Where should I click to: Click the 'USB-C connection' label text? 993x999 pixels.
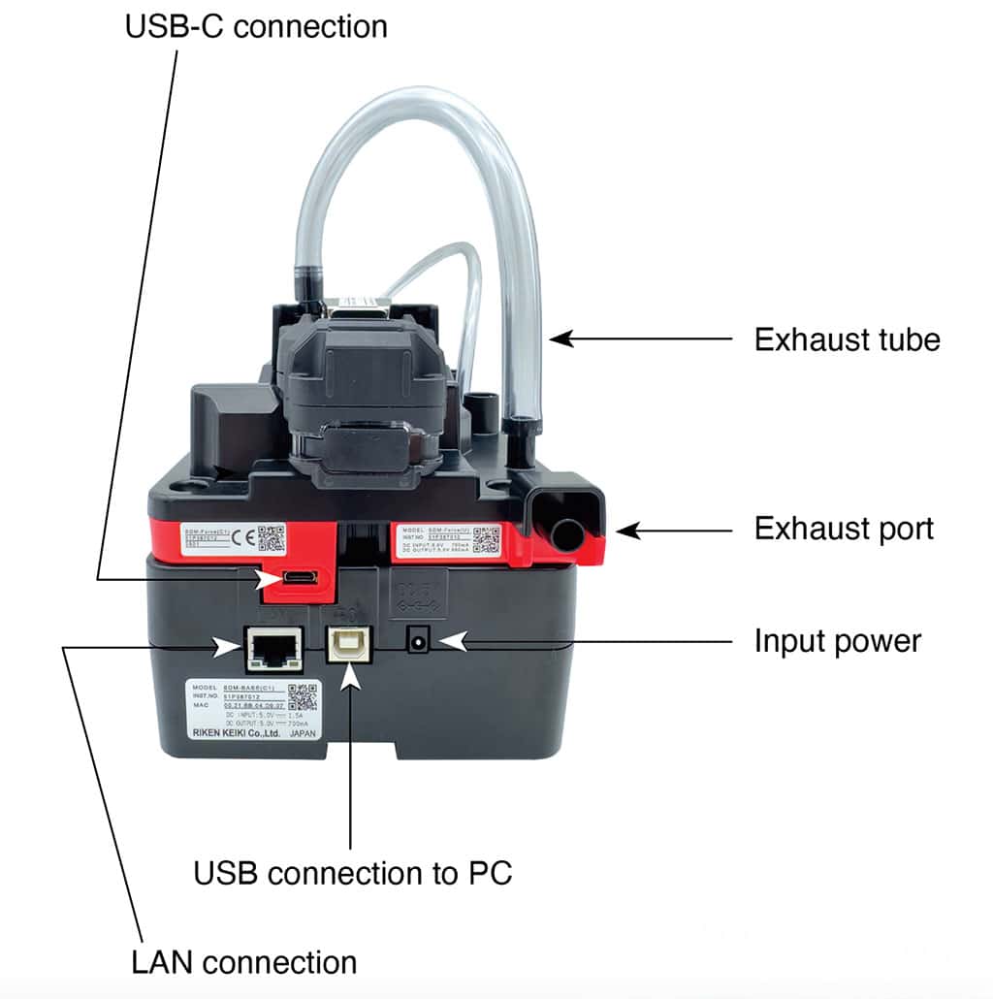pos(256,25)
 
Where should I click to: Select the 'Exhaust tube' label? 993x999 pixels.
pos(847,339)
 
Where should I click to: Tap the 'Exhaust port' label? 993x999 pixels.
pos(844,529)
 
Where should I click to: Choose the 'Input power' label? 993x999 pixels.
pos(838,641)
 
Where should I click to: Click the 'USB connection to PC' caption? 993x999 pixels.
pos(352,872)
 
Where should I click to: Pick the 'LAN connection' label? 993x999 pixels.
pos(243,962)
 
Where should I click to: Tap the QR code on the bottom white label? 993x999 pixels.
pos(303,697)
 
